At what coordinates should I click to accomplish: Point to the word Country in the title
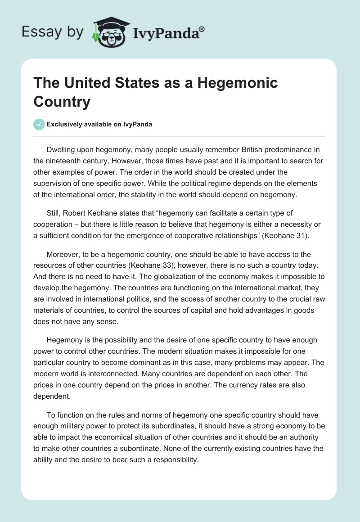[x=62, y=102]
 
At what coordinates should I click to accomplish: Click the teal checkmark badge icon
[x=39, y=124]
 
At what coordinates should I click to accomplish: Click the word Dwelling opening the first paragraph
[x=61, y=149]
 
